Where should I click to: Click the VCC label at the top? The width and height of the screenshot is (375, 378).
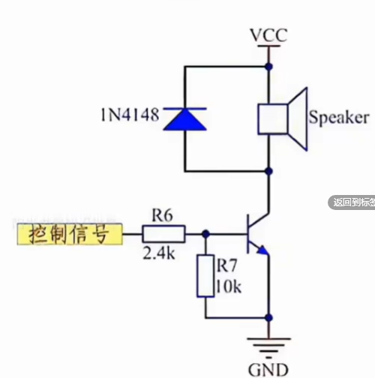[x=268, y=34]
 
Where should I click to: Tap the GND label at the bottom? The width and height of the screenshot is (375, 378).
[x=268, y=368]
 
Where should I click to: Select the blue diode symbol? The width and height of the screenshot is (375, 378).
[x=184, y=118]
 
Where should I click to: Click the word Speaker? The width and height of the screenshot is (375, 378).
[x=339, y=118]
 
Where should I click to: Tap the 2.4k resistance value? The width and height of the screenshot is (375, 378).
[x=158, y=253]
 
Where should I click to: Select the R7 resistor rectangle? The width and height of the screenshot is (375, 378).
[x=205, y=276]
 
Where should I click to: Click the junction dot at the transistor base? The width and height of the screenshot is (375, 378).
[x=205, y=234]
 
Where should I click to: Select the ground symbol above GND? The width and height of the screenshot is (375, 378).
[x=268, y=345]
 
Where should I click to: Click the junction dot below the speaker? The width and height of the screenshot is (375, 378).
[x=268, y=170]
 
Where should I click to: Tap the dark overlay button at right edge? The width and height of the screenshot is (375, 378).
[x=352, y=202]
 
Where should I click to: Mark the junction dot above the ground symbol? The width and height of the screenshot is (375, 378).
[x=268, y=317]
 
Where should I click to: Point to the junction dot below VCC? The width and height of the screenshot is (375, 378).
[x=268, y=65]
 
